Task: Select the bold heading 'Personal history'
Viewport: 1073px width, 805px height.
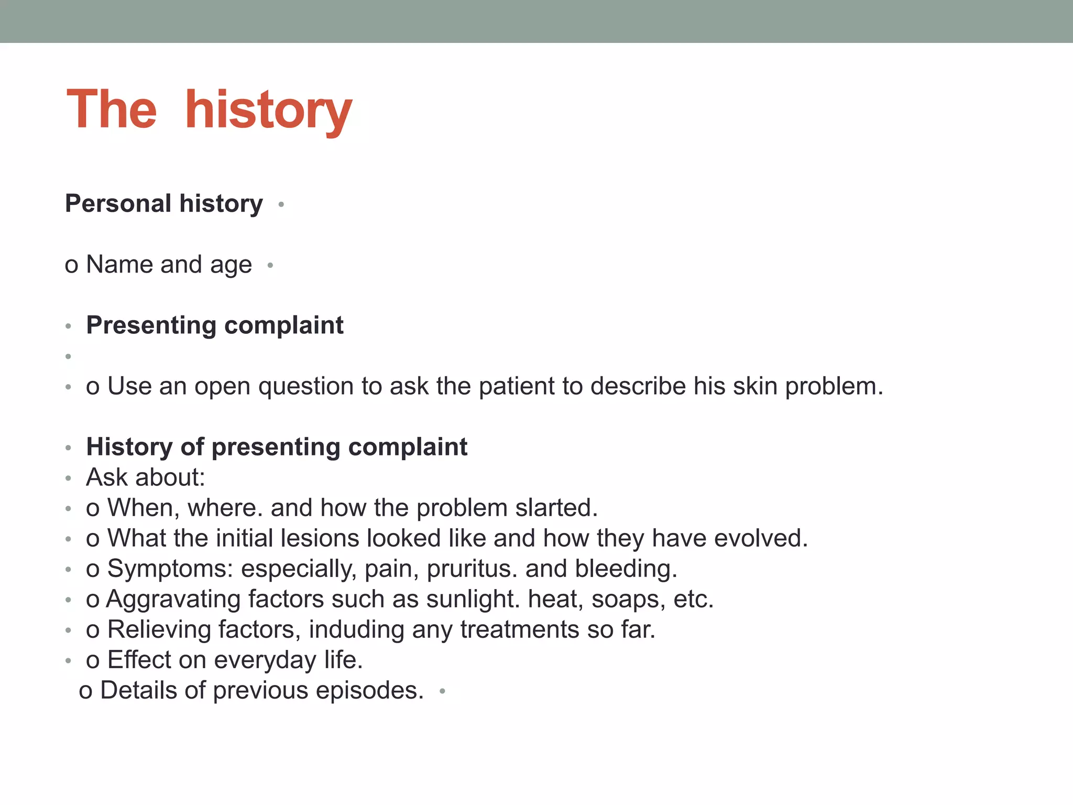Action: click(x=163, y=203)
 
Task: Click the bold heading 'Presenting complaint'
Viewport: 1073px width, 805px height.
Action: click(x=215, y=325)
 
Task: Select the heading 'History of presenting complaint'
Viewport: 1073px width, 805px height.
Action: click(x=277, y=447)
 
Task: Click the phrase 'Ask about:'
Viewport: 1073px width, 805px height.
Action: click(x=146, y=477)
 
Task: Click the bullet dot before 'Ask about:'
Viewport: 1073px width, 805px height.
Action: click(x=68, y=478)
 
